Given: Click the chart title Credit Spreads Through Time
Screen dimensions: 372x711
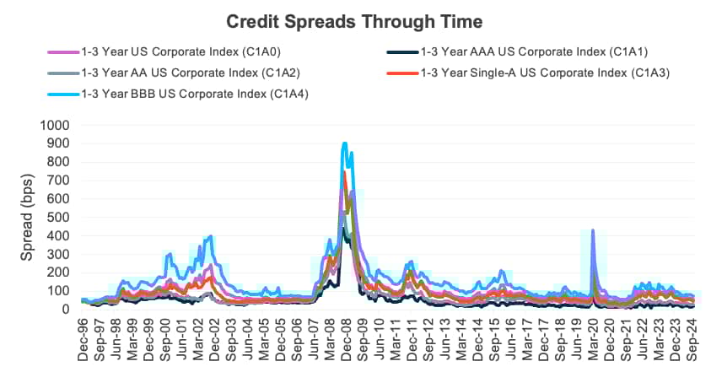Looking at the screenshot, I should [x=355, y=20].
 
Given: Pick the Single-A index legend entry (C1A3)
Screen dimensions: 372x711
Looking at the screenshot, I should [x=544, y=73].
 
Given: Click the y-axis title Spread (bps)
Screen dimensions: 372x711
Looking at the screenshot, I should [x=27, y=217].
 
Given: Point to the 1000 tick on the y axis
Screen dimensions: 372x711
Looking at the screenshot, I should [x=57, y=125].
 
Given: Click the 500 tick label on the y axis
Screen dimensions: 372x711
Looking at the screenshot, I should [x=60, y=217].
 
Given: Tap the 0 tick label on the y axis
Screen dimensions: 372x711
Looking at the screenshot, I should [x=67, y=310].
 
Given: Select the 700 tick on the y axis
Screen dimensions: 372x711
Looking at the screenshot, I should [x=60, y=180].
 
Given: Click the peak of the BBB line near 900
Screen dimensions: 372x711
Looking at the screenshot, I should [x=345, y=143].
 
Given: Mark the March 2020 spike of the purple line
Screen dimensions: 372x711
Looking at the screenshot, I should [x=593, y=229].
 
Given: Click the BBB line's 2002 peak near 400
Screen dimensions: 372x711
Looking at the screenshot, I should [x=210, y=236].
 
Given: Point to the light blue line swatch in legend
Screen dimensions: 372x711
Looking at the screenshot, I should [x=62, y=94].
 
